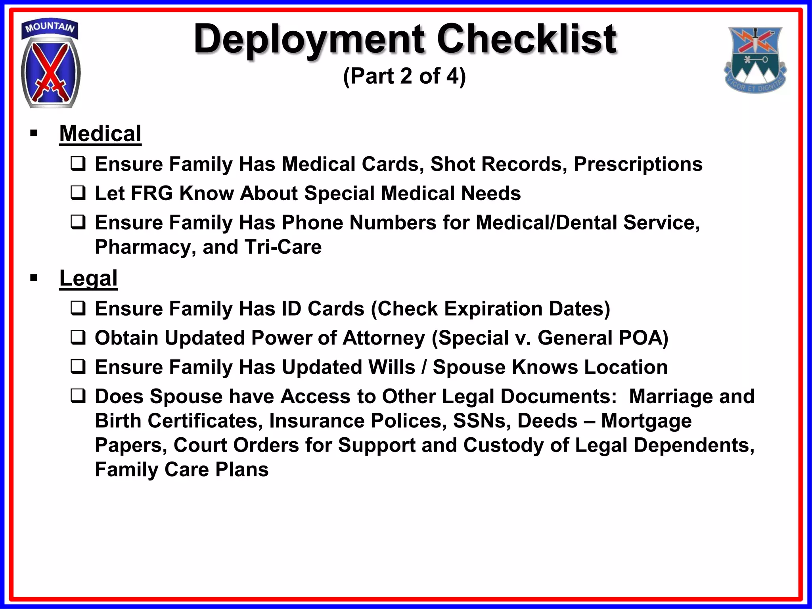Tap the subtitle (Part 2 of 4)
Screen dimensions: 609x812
click(x=404, y=76)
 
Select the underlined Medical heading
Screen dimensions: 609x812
click(x=100, y=134)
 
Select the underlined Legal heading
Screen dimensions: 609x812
click(x=88, y=278)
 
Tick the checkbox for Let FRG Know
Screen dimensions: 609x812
click(x=78, y=193)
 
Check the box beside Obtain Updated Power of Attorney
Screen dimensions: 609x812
click(x=78, y=338)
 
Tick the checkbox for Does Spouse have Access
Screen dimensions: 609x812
click(x=78, y=396)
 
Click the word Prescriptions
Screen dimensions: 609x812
click(x=638, y=165)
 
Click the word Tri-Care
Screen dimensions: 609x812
click(x=283, y=247)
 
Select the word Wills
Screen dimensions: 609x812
click(x=391, y=367)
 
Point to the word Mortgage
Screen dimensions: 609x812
click(x=646, y=421)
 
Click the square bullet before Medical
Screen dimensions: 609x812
click(x=34, y=133)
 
